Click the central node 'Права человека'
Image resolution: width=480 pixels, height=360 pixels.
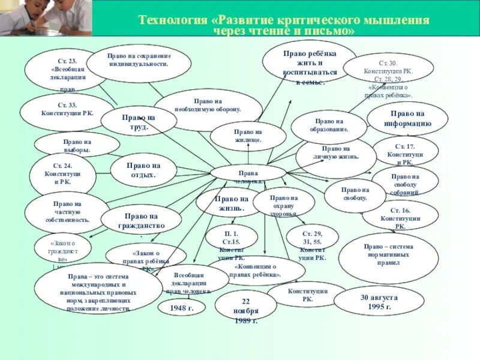tap(248, 173)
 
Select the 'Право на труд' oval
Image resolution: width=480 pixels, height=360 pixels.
tap(139, 122)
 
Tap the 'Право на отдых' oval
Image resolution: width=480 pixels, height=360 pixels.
tap(143, 170)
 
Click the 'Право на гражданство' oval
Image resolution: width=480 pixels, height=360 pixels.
tap(141, 220)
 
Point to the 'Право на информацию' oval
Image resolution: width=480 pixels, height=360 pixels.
tap(407, 119)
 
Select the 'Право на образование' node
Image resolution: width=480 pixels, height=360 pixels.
tap(328, 126)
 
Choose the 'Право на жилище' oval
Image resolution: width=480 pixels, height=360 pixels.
tap(248, 136)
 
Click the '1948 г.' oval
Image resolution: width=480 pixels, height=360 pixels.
tap(181, 307)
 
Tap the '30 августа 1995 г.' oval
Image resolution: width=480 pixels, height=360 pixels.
tap(379, 301)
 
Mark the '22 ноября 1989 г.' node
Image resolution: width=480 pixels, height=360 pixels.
tap(245, 311)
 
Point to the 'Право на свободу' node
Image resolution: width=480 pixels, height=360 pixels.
tap(355, 194)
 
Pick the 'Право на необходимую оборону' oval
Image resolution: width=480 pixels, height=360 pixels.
tap(208, 106)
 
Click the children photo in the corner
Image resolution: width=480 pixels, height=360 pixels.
tap(46, 18)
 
